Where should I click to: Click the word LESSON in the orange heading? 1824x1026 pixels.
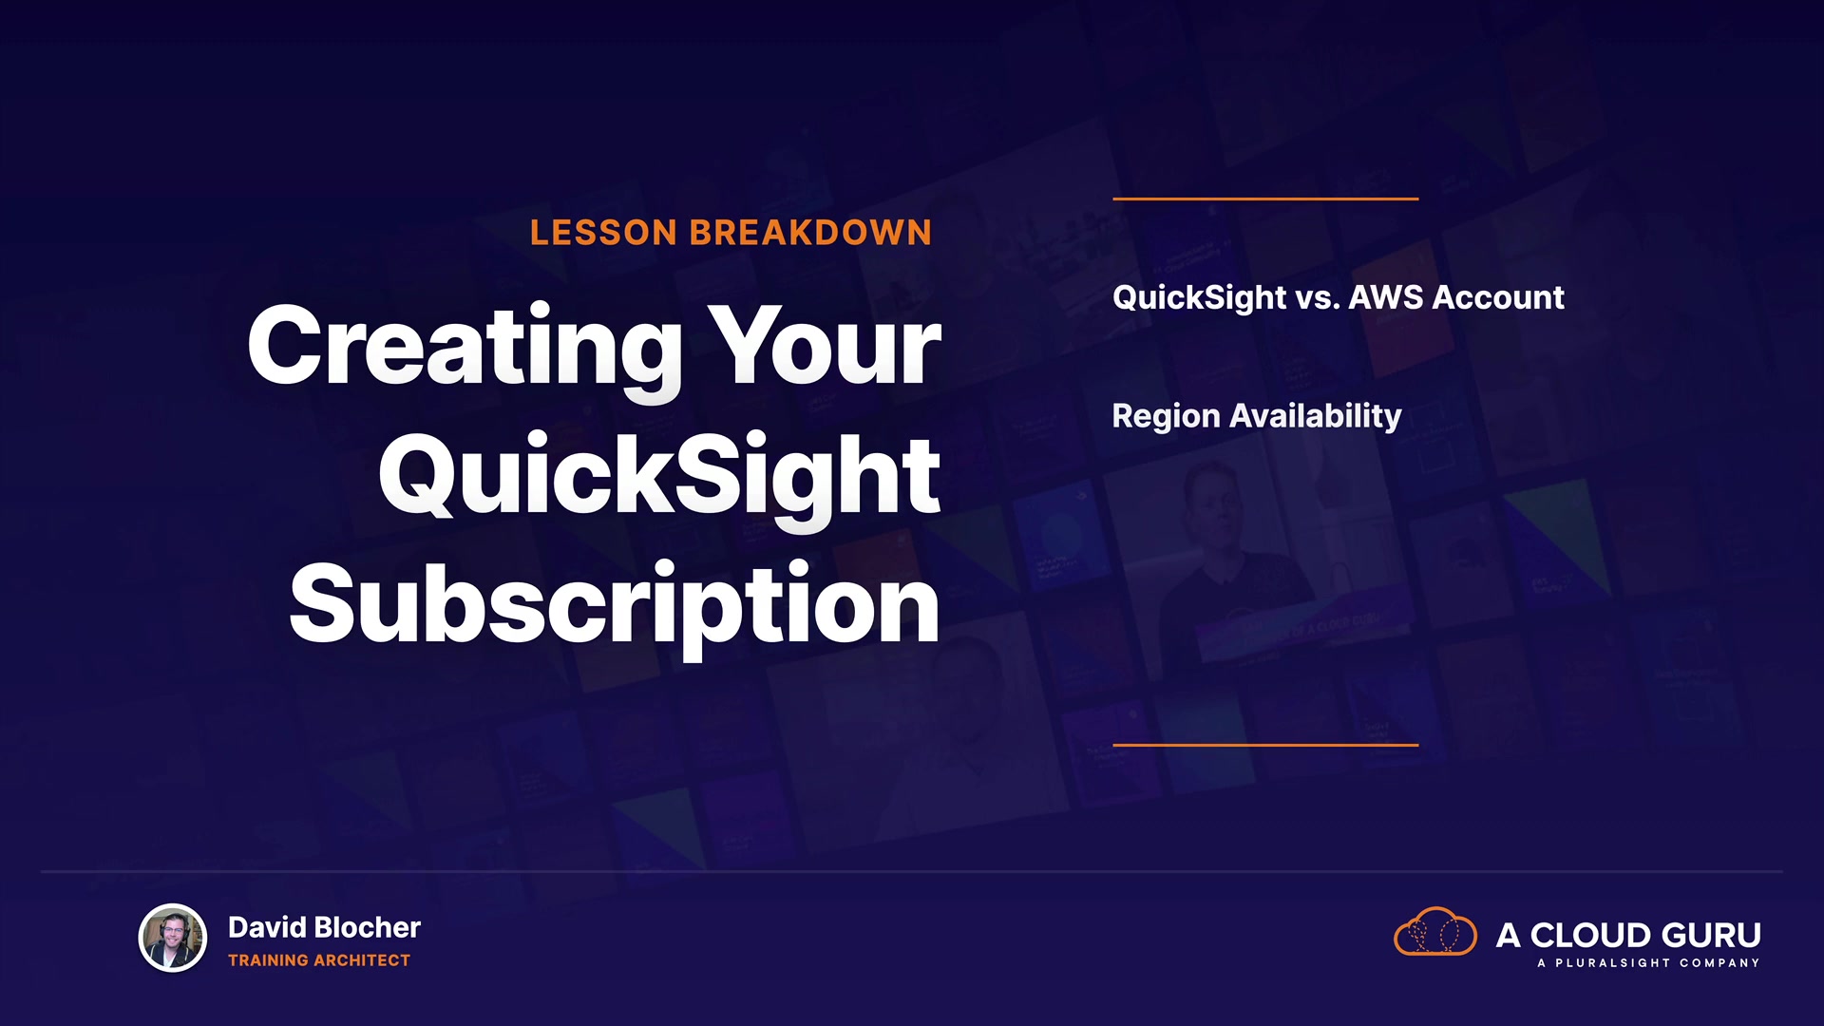[x=603, y=233]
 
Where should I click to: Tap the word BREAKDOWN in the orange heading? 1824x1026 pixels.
[x=810, y=233]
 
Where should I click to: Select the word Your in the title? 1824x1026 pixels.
[x=827, y=346]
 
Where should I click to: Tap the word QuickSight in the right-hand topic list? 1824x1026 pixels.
[x=1199, y=298]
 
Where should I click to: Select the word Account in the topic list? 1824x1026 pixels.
[x=1498, y=297]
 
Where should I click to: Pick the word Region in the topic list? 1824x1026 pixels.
[x=1166, y=417]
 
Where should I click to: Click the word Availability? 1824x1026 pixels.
[x=1316, y=417]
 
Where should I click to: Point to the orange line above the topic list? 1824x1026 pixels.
[x=1265, y=199]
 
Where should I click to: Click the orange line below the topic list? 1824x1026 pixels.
[x=1265, y=745]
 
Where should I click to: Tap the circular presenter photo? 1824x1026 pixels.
[x=173, y=938]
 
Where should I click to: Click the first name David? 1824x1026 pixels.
[x=267, y=927]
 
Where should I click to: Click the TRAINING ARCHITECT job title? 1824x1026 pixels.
[x=319, y=960]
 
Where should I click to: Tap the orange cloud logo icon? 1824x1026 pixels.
[x=1434, y=932]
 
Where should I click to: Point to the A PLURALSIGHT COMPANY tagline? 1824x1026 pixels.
[x=1648, y=963]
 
